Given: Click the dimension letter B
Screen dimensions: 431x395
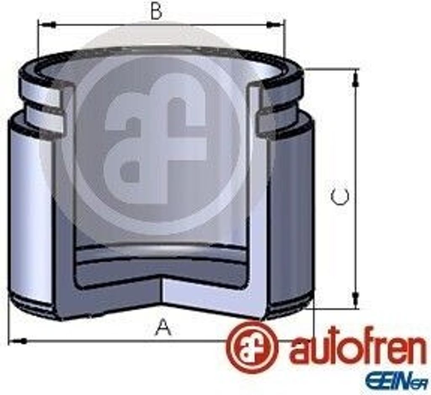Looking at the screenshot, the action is coord(157,11).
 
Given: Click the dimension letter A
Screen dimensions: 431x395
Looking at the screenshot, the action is coord(164,326).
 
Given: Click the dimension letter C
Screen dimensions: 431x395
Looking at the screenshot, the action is coord(340,196).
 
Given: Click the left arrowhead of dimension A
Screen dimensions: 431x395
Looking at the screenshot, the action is coord(18,342).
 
